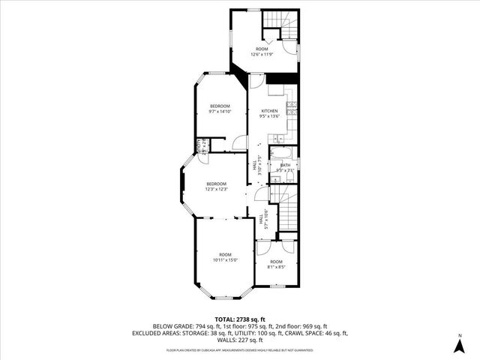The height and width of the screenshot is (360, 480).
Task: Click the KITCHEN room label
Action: pos(269,111)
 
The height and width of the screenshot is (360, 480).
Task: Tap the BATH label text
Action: pos(285,165)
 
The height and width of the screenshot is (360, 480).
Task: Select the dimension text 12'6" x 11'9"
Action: pos(262,53)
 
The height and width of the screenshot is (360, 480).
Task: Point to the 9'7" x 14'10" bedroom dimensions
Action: pos(220,112)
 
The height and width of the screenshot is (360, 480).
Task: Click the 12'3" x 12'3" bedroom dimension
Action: pos(217,189)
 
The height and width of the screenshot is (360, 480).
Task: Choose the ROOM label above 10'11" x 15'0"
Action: pos(226,254)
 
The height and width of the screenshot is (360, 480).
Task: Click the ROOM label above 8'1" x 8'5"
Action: pos(276,261)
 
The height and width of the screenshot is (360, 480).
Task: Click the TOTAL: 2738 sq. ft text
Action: pos(240,319)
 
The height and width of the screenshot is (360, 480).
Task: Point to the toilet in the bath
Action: pos(292,176)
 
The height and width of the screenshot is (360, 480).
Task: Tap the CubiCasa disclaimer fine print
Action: pos(240,349)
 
